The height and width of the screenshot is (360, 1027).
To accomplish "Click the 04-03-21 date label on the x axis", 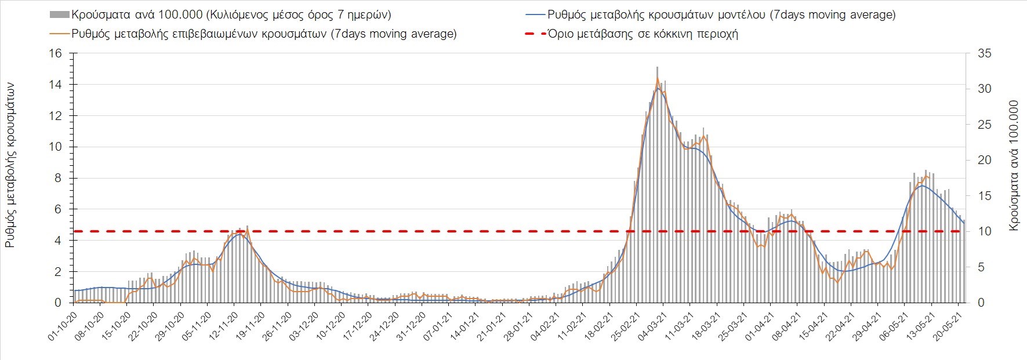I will (649, 328).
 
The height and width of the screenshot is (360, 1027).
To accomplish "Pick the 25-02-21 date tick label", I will (622, 328).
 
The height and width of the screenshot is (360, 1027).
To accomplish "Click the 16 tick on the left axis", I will (56, 53).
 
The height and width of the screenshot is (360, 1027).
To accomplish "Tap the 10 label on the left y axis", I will (56, 147).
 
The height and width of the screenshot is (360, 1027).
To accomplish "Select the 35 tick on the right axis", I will (984, 53).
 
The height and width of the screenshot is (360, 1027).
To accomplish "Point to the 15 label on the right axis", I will (984, 196).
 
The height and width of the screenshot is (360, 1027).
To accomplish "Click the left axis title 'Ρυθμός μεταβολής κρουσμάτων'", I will (10, 165).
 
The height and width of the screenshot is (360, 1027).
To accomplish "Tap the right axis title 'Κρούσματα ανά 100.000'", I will (1014, 165).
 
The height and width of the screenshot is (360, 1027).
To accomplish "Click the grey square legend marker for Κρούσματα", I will (60, 14).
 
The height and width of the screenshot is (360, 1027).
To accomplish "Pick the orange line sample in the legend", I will (60, 34).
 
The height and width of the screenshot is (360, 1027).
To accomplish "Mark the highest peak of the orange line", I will (657, 78).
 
